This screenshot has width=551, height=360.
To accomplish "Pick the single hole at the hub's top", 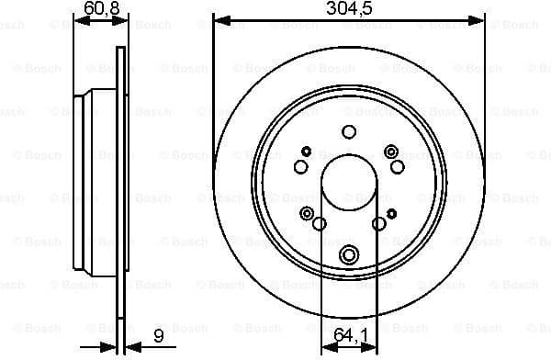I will (349, 131).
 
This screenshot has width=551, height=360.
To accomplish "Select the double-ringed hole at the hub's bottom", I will (349, 255).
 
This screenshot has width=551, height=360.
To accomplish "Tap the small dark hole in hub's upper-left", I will (306, 152).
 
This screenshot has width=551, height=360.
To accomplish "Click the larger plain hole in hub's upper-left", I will (300, 166).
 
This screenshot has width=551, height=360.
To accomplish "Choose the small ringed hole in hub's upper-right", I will (391, 152).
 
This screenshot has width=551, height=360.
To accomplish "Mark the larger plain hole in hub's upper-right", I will (397, 166).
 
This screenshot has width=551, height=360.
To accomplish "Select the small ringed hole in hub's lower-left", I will (307, 213).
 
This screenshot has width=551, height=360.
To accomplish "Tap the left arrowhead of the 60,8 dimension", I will (78, 19).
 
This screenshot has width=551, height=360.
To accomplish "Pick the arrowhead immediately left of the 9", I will (128, 346).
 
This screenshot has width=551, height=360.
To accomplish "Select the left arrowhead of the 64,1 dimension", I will (326, 347).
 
